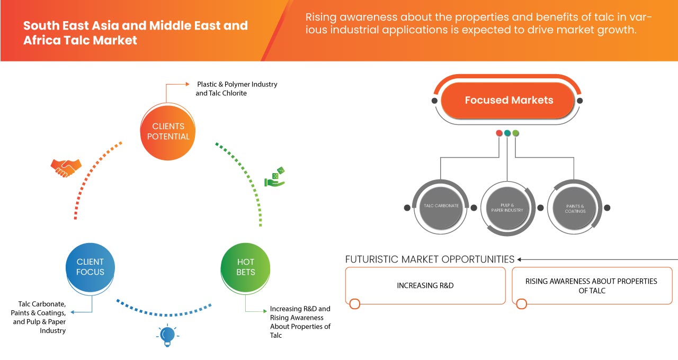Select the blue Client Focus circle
pos(90,267)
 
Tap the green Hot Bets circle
pos(245,267)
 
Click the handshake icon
pos(66,168)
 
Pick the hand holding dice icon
pos(275,177)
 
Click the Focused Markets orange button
pos(508,100)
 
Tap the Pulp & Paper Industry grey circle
pos(507,207)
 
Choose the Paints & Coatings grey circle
pos(575,208)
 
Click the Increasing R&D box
pos(425,285)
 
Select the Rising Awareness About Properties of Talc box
pos(591,285)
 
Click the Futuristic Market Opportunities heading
pos(430,259)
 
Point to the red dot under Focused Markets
pos(499,133)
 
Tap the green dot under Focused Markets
pos(516,133)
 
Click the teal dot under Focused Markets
pos(507,133)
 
